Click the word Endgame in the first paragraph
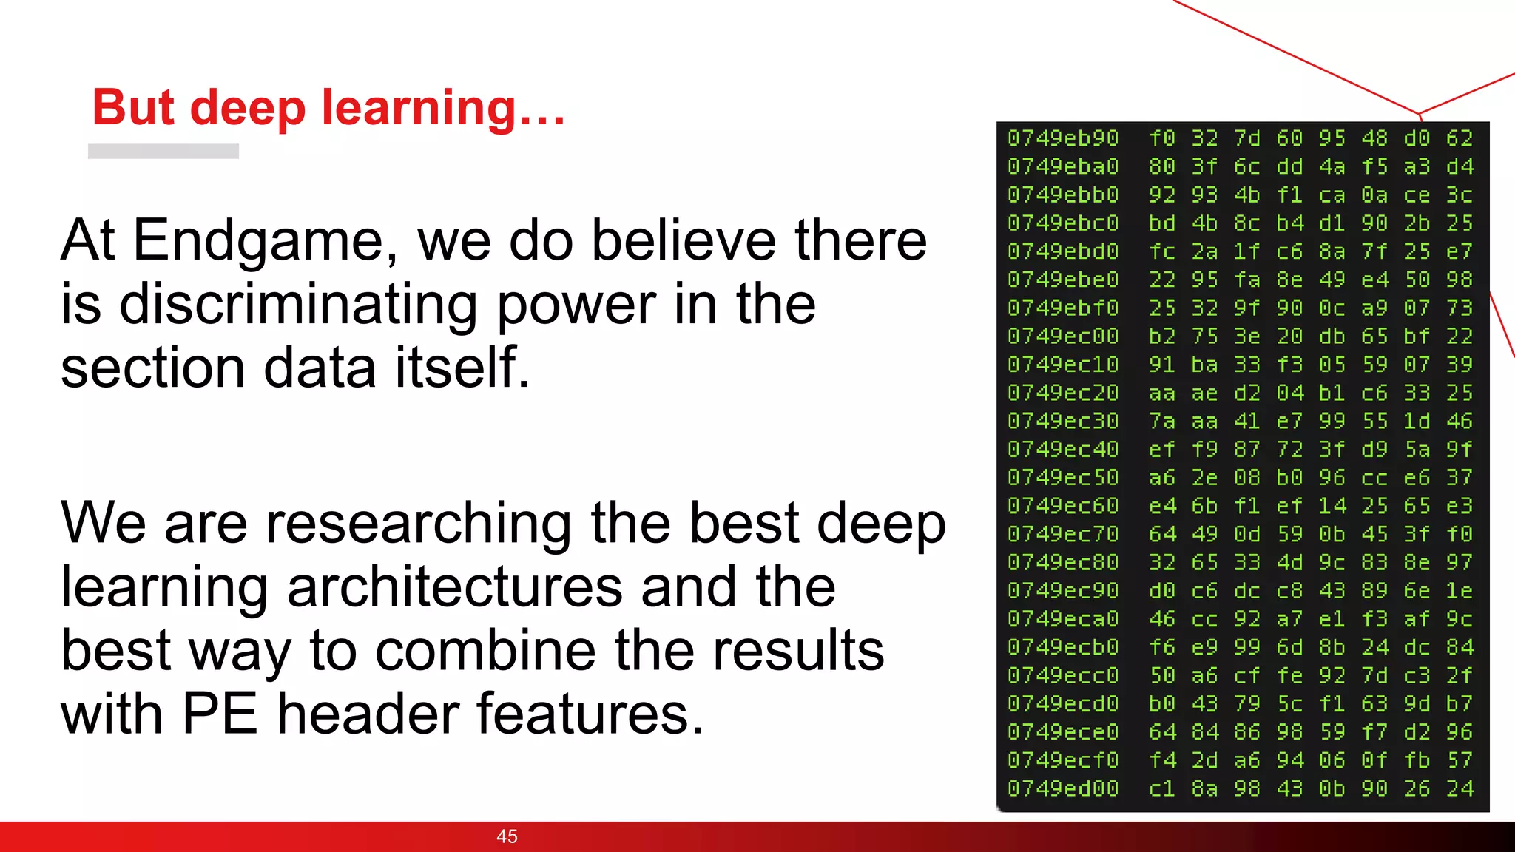[265, 241]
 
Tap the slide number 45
[507, 836]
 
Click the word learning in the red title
[419, 108]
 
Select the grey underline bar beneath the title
[163, 151]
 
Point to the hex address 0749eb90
[1063, 138]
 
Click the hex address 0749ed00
[1063, 788]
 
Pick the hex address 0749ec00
[1063, 336]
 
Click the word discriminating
[298, 304]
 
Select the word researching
[419, 523]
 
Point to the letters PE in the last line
[219, 714]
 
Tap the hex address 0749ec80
[1063, 562]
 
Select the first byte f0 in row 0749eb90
[1162, 138]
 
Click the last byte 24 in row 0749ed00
[1460, 788]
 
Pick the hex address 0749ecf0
[1063, 760]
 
